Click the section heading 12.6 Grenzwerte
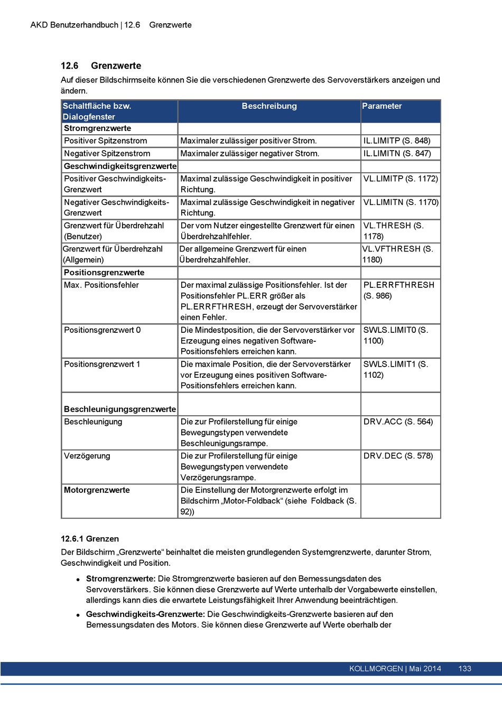point(101,66)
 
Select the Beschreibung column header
point(269,106)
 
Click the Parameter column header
point(382,106)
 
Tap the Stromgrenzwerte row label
point(97,128)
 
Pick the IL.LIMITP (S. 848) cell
point(397,141)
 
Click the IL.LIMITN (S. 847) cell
point(397,154)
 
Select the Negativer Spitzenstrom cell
point(107,154)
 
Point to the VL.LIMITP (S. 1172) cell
point(401,179)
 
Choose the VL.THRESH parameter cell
point(393,231)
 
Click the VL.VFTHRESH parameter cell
point(397,254)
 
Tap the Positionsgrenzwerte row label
point(104,273)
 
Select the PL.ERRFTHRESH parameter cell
point(399,291)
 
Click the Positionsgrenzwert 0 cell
point(103,330)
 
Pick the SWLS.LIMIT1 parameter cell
point(396,370)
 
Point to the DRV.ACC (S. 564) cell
point(398,422)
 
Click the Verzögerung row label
point(87,456)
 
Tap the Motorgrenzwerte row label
point(97,490)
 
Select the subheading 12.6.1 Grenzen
point(90,539)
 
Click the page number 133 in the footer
point(464,669)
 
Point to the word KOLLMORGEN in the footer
point(376,669)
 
